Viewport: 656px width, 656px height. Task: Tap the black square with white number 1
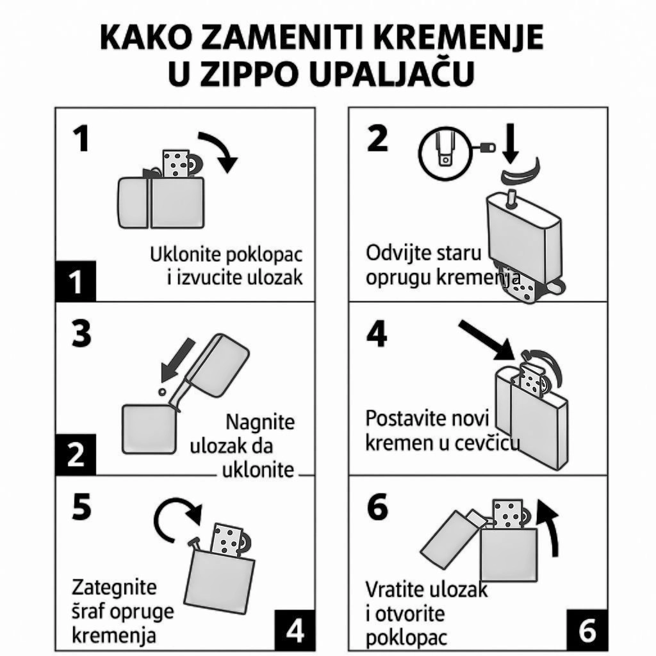(x=76, y=281)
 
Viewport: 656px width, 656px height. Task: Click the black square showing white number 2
(x=76, y=455)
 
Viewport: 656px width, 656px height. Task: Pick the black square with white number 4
(x=295, y=630)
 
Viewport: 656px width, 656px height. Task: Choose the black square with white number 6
(x=587, y=630)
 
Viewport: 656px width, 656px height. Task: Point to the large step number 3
(x=81, y=334)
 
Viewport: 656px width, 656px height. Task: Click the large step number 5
(x=81, y=507)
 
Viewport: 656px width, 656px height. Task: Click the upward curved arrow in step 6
(x=550, y=528)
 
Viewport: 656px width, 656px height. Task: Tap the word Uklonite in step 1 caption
(x=180, y=254)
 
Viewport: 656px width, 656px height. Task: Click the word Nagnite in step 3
(x=260, y=422)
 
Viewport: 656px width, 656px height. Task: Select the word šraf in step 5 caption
(x=88, y=611)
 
